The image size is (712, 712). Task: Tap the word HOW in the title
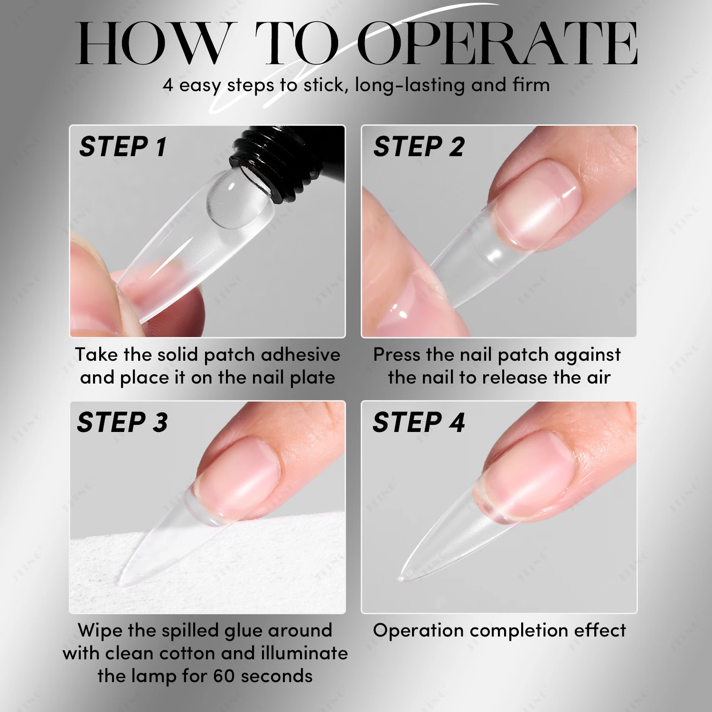(x=151, y=44)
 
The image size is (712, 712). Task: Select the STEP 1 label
(x=123, y=147)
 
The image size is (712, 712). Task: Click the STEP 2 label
(x=419, y=147)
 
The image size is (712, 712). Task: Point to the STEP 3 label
(x=122, y=422)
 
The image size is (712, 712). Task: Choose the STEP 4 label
(x=419, y=422)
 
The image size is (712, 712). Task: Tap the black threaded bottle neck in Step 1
(x=280, y=161)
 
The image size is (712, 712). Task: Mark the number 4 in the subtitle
(x=168, y=85)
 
